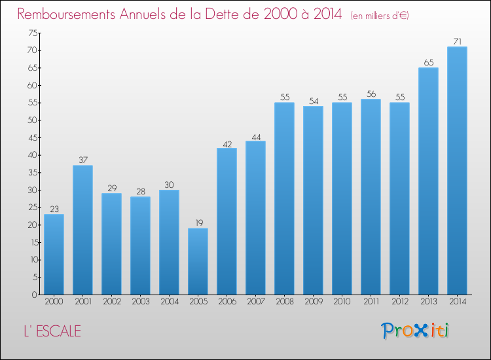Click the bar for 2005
point(198,261)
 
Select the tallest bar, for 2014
point(457,170)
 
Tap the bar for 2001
point(82,230)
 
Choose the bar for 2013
point(428,181)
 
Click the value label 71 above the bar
point(457,42)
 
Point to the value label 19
point(198,223)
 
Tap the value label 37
point(82,160)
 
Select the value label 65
point(428,63)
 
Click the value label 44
point(255,136)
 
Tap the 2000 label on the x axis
point(54,302)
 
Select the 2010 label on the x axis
point(342,302)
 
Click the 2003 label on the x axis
point(140,302)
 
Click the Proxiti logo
point(416,331)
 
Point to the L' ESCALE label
point(50,331)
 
